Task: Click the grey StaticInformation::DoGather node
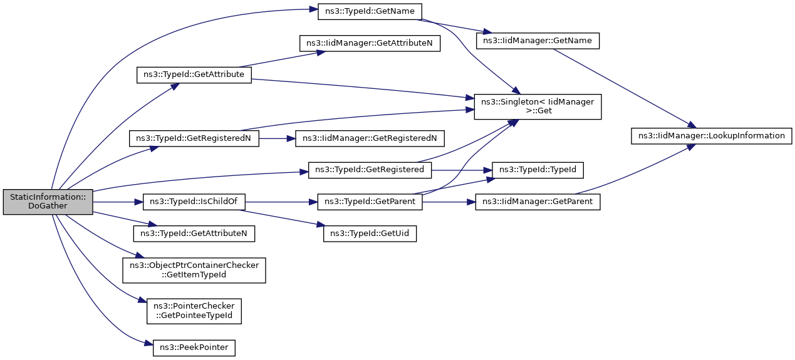point(48,202)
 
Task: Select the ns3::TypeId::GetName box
point(370,12)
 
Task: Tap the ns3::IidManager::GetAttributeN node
point(370,43)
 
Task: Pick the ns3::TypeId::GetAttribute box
point(194,75)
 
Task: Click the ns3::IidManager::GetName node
point(538,41)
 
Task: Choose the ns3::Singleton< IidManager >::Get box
point(538,107)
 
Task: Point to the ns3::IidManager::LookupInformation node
point(711,136)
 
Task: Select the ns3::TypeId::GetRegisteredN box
point(194,138)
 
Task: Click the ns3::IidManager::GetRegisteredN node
point(370,138)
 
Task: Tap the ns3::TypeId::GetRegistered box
point(370,170)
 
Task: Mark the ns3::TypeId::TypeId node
point(538,170)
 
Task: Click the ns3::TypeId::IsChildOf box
point(194,202)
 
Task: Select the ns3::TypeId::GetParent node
point(370,202)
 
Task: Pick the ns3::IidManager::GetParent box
point(538,202)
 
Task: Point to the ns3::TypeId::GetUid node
point(370,234)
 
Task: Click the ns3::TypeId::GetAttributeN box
point(194,234)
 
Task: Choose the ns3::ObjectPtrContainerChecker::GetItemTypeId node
point(194,270)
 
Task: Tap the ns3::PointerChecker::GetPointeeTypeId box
point(194,311)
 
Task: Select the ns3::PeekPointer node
point(194,347)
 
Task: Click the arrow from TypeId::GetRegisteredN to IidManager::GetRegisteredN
point(278,139)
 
